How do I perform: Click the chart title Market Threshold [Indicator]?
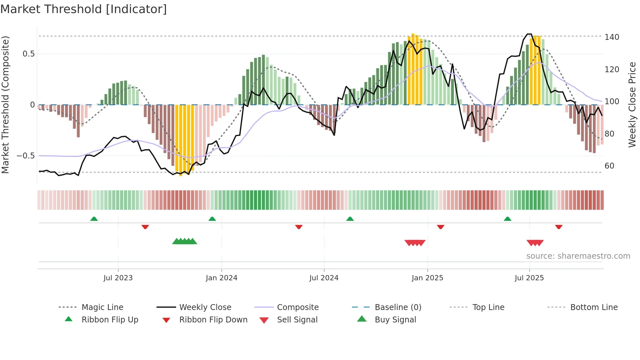click(x=84, y=9)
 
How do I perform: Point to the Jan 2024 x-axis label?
click(x=221, y=278)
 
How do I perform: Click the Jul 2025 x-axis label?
click(x=529, y=278)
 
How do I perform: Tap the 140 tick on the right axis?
click(x=612, y=37)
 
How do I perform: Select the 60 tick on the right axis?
click(x=609, y=166)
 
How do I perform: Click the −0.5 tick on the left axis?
click(x=26, y=156)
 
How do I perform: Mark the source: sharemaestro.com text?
click(x=578, y=256)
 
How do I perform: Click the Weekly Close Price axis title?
click(x=632, y=105)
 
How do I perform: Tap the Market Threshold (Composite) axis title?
click(x=5, y=105)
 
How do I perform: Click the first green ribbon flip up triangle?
click(x=94, y=219)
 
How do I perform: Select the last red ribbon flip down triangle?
click(x=559, y=227)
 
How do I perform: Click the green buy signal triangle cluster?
click(x=184, y=241)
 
